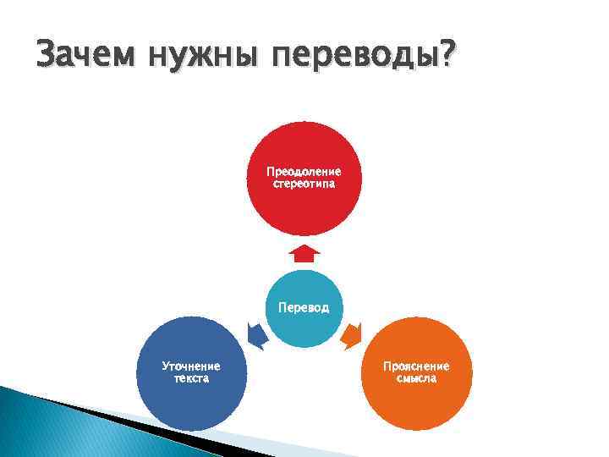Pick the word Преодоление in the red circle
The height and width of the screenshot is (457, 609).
point(304,172)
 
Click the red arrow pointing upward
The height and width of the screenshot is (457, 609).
point(304,252)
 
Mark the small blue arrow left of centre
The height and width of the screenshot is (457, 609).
point(257,335)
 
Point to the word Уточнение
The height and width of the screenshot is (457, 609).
point(191,366)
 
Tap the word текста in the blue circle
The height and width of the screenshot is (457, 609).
point(191,378)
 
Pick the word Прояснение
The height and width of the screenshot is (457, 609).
point(416,366)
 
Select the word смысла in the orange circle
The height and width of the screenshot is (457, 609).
point(416,378)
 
